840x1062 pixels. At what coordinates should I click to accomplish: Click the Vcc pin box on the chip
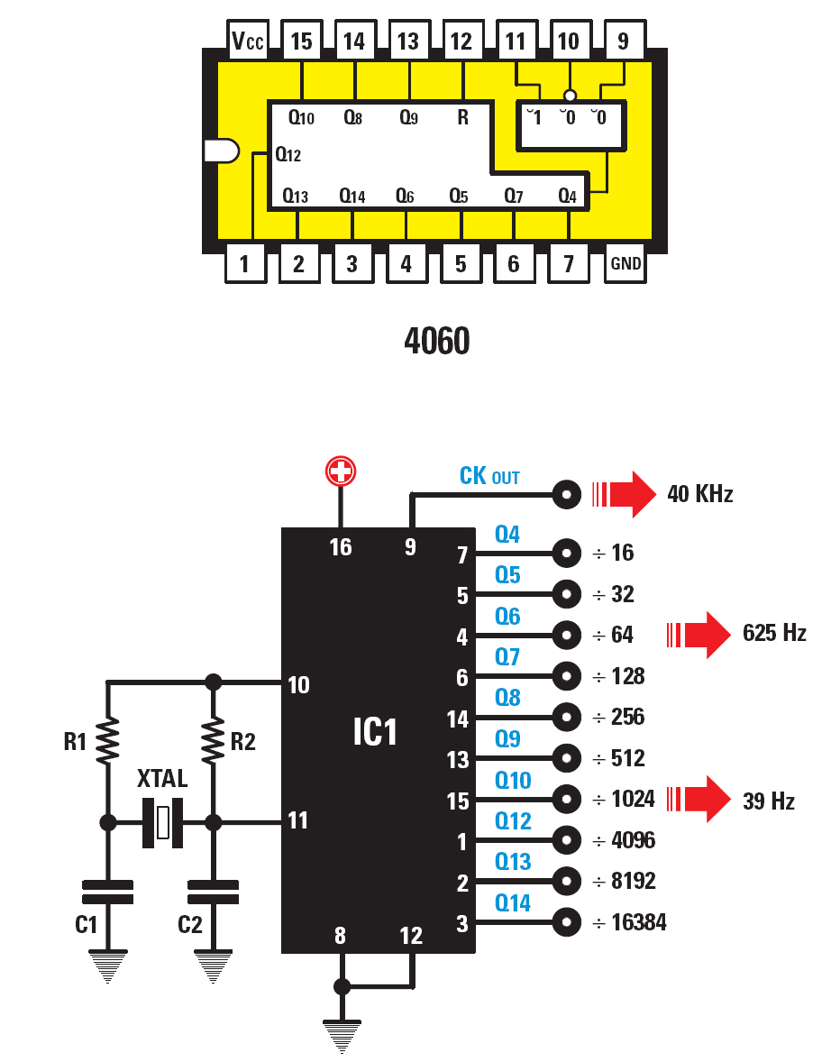pyautogui.click(x=248, y=41)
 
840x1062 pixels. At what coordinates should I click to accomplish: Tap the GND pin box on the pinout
pyautogui.click(x=625, y=262)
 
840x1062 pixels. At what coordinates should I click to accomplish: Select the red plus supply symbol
pyautogui.click(x=341, y=471)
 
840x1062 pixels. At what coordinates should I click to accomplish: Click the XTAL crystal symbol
pyautogui.click(x=162, y=822)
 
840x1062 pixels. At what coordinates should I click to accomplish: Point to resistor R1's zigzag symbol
pyautogui.click(x=107, y=741)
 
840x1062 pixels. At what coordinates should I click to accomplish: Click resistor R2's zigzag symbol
pyautogui.click(x=214, y=741)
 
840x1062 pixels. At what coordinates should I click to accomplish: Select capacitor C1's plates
pyautogui.click(x=107, y=892)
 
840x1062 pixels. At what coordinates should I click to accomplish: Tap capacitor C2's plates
pyautogui.click(x=214, y=892)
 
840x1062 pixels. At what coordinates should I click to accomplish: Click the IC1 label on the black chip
pyautogui.click(x=374, y=732)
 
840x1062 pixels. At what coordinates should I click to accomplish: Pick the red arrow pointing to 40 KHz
pyautogui.click(x=624, y=494)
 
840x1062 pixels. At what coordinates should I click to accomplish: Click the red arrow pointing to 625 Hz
pyautogui.click(x=698, y=635)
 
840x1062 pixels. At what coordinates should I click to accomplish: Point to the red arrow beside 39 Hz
pyautogui.click(x=698, y=800)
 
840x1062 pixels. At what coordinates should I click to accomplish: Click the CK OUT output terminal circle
pyautogui.click(x=567, y=494)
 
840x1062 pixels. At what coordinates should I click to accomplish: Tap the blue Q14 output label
pyautogui.click(x=513, y=902)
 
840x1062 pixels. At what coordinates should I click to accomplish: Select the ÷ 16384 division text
pyautogui.click(x=629, y=921)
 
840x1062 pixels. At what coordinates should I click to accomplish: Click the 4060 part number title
pyautogui.click(x=436, y=341)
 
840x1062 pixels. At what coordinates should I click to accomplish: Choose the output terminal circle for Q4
pyautogui.click(x=567, y=554)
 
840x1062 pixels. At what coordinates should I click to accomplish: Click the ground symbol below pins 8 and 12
pyautogui.click(x=342, y=1036)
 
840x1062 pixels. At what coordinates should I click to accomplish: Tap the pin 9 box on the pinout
pyautogui.click(x=624, y=41)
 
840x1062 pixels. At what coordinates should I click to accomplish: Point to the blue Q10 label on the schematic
pyautogui.click(x=513, y=780)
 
